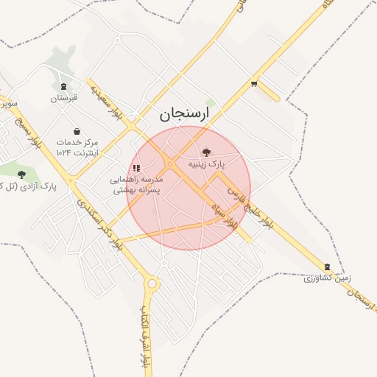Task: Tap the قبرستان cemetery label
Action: click(63, 97)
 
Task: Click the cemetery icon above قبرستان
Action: click(63, 85)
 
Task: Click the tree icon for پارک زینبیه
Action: click(205, 151)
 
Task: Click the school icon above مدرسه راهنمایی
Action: click(135, 169)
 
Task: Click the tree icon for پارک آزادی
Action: click(21, 175)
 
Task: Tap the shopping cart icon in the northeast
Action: click(254, 84)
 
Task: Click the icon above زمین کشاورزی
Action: click(327, 267)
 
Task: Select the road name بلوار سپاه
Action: click(222, 214)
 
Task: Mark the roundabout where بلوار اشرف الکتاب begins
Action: click(152, 283)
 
